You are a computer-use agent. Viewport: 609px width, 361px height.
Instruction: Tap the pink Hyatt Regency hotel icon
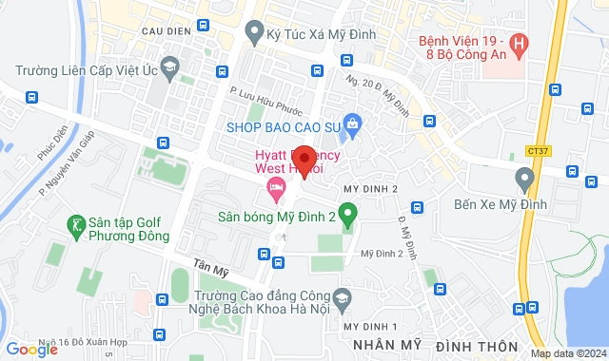(x=277, y=185)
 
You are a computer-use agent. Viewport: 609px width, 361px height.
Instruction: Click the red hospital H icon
(x=519, y=43)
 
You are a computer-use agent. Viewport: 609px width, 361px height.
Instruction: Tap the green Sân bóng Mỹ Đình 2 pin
(x=348, y=215)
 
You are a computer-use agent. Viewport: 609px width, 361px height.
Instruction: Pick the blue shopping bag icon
(x=353, y=123)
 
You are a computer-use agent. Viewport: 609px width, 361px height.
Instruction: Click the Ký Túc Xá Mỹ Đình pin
(x=254, y=33)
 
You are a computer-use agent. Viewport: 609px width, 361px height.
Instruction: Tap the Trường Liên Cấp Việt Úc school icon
(x=169, y=67)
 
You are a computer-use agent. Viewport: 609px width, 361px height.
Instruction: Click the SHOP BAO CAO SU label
(x=284, y=125)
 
